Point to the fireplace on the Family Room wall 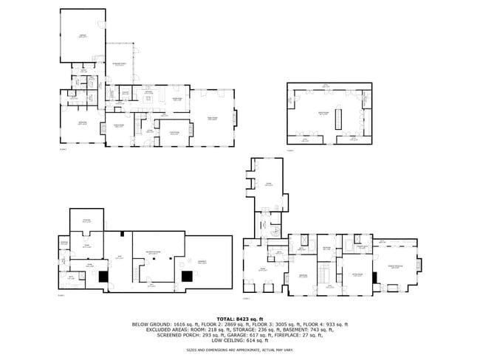click(x=236, y=117)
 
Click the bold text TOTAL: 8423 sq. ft click(x=239, y=318)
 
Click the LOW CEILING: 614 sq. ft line click(x=239, y=341)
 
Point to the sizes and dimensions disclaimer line click(x=239, y=350)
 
